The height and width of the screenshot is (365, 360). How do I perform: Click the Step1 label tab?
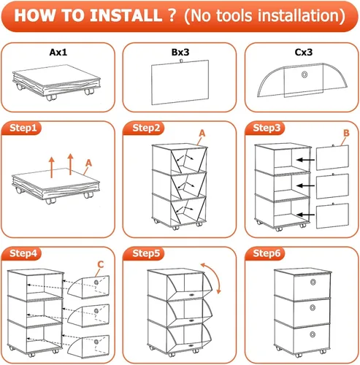pos(23,128)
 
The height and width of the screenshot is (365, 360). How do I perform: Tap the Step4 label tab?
pos(23,253)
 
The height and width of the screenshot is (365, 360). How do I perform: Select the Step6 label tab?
pos(267,253)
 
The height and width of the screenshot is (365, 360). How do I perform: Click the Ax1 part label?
pos(58,52)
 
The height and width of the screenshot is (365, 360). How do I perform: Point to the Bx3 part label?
pos(180,52)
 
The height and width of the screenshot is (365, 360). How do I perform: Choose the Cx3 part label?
pos(304,52)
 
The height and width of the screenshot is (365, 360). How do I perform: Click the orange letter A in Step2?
pos(202,134)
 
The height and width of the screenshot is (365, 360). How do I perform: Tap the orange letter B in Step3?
pos(346,133)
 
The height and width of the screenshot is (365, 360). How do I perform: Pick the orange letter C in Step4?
pos(101,264)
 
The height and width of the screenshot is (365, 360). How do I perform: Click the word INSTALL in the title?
pos(126,15)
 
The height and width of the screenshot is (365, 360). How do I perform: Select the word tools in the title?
pos(234,15)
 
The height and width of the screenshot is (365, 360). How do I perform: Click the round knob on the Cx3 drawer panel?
pos(305,74)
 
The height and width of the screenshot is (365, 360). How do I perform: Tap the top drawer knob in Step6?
pos(313,283)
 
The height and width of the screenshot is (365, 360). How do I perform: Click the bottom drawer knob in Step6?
pos(313,334)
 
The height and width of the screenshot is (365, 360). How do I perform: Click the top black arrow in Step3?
pos(305,160)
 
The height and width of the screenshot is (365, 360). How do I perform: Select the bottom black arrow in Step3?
pos(305,215)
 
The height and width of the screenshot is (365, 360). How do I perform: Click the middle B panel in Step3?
pos(332,186)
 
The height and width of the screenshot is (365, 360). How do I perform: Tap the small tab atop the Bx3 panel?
pos(180,61)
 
